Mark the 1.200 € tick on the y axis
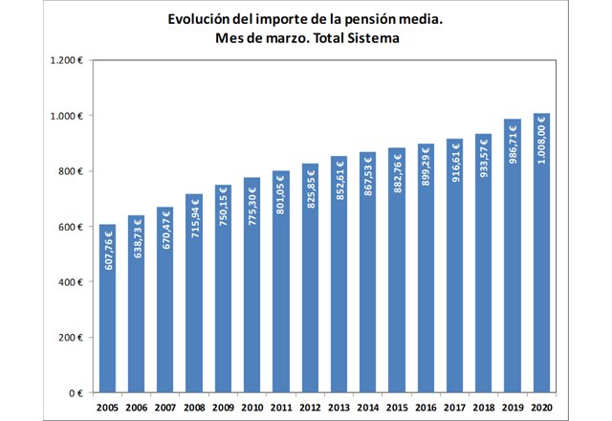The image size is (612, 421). pos(68,60)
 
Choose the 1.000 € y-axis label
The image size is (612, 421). pos(68,116)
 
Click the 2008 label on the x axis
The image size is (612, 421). pos(194,408)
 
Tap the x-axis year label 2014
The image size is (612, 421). pos(368,408)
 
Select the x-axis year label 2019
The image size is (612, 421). pos(513,408)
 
